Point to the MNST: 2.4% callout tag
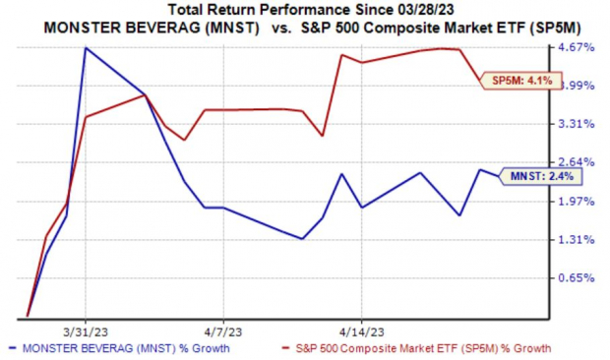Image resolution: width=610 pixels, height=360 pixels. point(531,176)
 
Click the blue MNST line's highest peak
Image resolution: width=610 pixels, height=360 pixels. point(87,47)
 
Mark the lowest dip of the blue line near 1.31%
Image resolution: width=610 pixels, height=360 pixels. point(302,238)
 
